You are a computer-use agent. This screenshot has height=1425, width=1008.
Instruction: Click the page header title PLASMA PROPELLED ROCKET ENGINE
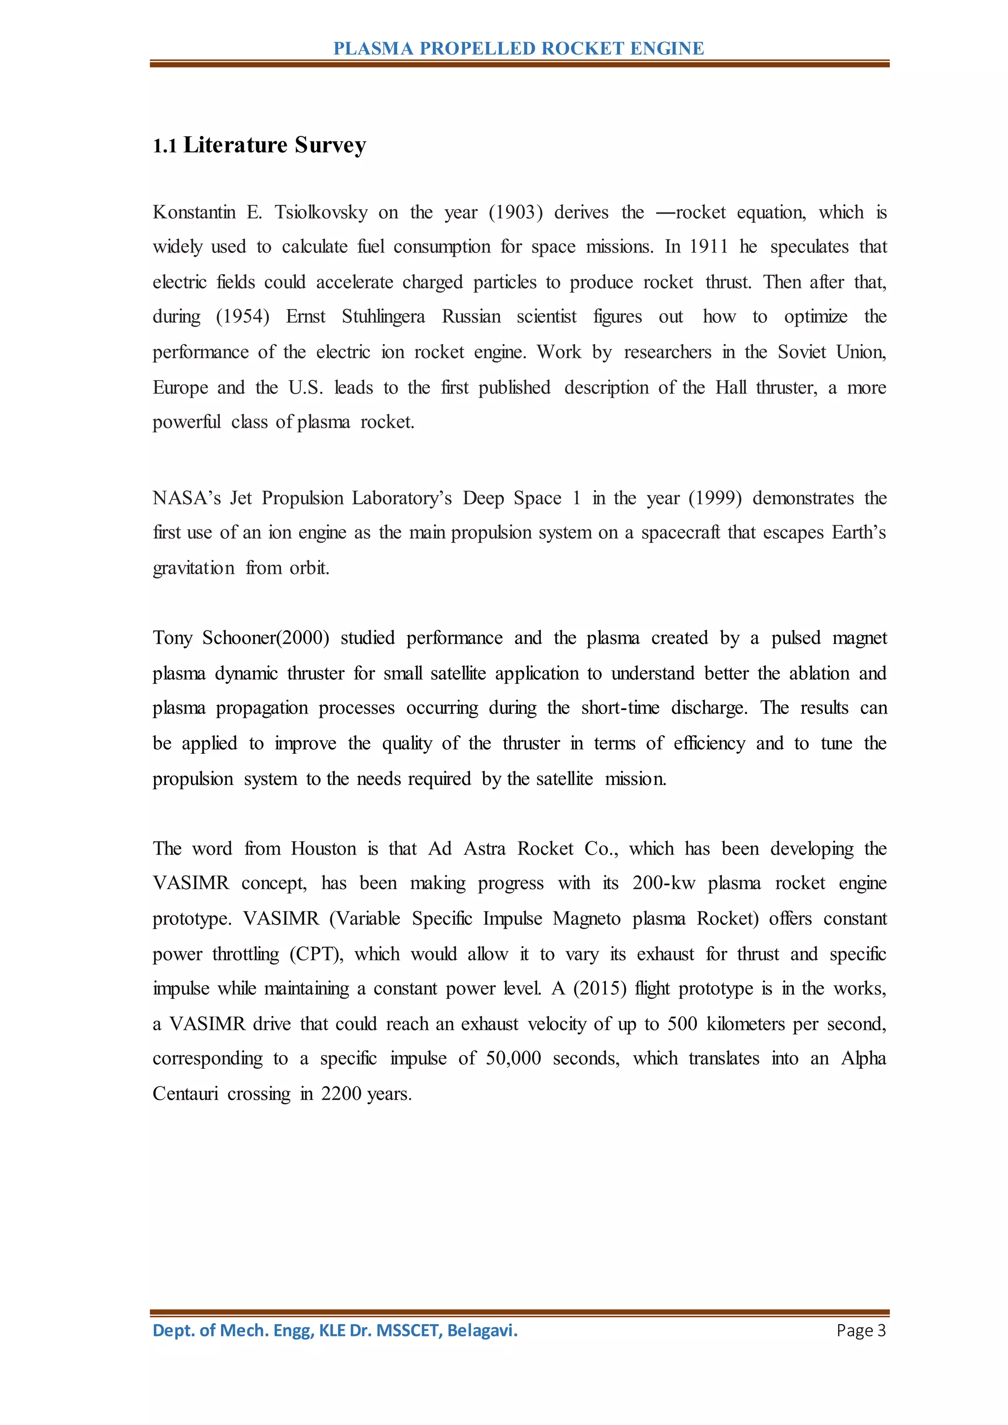pos(518,48)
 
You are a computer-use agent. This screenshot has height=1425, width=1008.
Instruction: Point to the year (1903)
pos(516,212)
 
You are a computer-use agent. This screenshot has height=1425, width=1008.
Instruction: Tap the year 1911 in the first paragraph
pos(708,247)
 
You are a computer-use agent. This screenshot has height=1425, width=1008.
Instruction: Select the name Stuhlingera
pos(383,316)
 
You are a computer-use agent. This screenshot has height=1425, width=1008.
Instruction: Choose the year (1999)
pos(715,498)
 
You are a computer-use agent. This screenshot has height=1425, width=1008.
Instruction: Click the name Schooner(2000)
pos(266,638)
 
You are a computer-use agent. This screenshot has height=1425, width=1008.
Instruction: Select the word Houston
pos(323,848)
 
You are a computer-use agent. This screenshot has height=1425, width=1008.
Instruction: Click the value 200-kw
pos(663,883)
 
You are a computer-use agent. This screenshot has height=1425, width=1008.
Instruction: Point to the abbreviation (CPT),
pos(316,954)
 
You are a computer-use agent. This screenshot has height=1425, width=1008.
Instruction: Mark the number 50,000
pos(513,1058)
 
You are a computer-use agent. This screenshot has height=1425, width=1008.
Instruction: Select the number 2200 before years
pos(341,1093)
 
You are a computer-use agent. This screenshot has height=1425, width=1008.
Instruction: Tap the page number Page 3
pos(861,1330)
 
